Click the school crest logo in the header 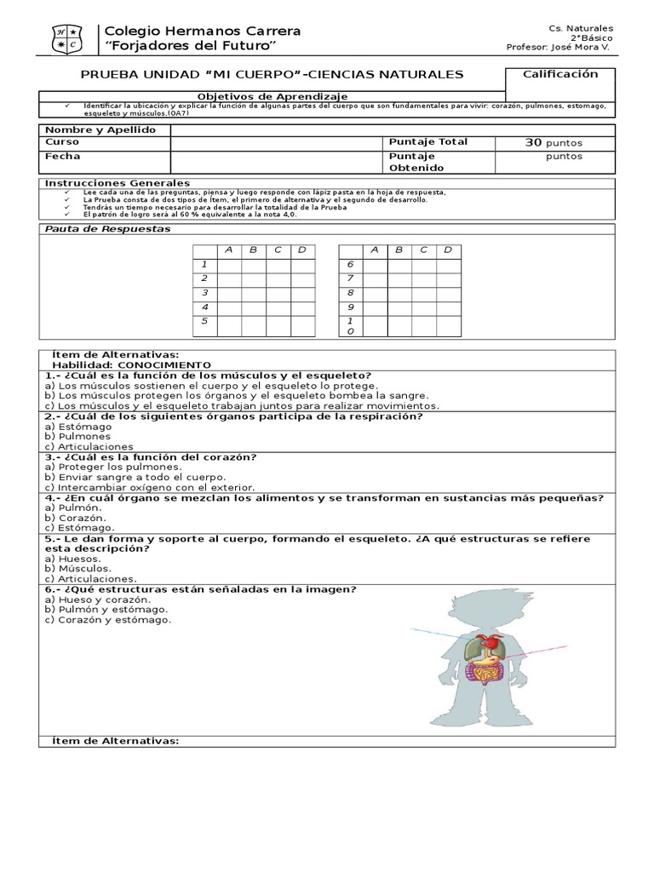click(x=64, y=37)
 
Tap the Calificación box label click(x=559, y=74)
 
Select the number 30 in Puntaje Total click(x=534, y=143)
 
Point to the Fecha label click(x=63, y=157)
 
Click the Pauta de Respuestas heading click(x=107, y=229)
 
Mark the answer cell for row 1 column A click(x=229, y=265)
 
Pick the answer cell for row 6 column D click(x=448, y=265)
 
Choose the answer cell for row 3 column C click(x=278, y=293)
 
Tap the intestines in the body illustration click(x=488, y=674)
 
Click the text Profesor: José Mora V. click(x=559, y=48)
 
